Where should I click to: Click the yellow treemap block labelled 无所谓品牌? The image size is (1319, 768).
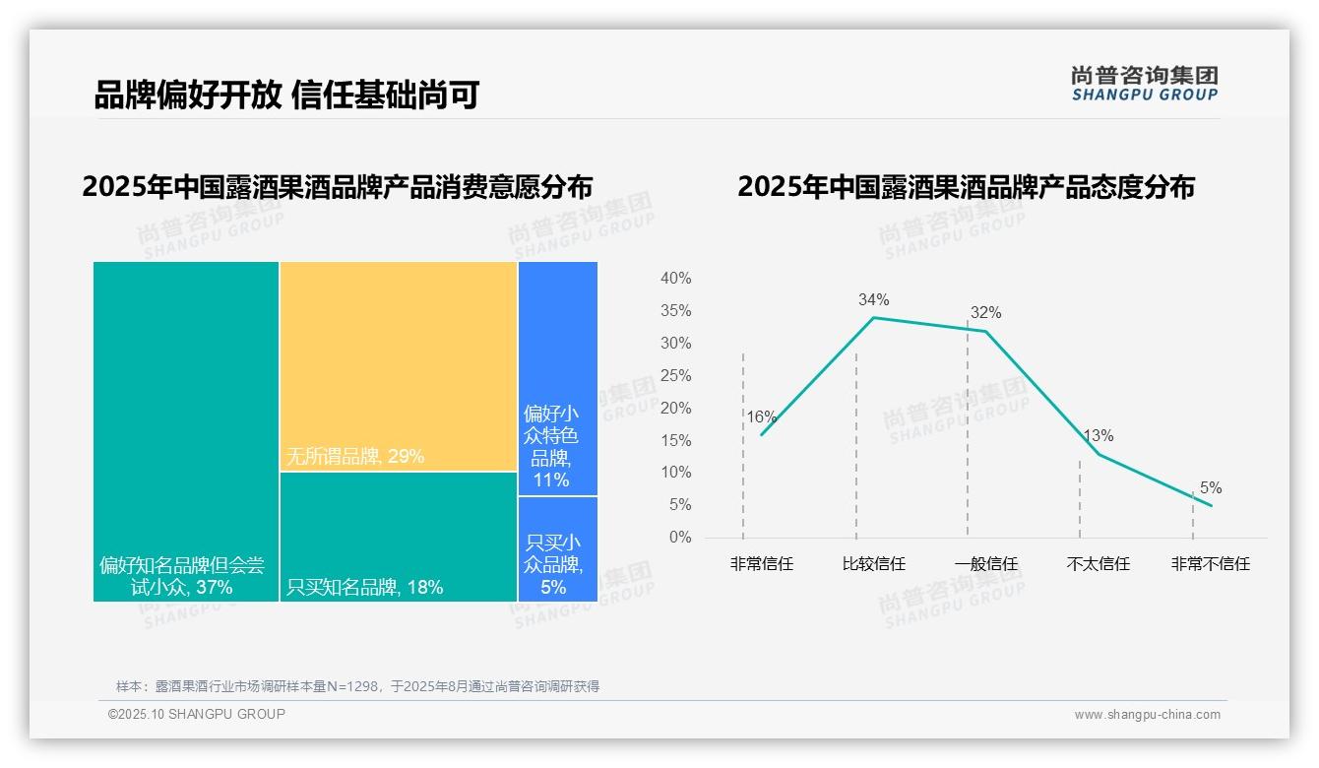pyautogui.click(x=399, y=366)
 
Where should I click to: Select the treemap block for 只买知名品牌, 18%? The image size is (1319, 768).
pyautogui.click(x=399, y=537)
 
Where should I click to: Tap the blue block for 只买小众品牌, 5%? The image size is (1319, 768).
pyautogui.click(x=557, y=548)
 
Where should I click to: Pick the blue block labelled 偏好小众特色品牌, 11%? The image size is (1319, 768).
pyautogui.click(x=557, y=378)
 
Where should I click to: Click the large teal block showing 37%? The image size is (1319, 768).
pyautogui.click(x=186, y=430)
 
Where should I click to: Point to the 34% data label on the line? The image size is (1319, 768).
pyautogui.click(x=873, y=299)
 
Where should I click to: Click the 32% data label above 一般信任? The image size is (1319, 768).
pyautogui.click(x=985, y=313)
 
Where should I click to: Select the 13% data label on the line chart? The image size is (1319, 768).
pyautogui.click(x=1098, y=435)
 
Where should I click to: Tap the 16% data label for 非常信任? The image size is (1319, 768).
pyautogui.click(x=761, y=416)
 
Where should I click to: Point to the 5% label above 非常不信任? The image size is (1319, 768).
pyautogui.click(x=1210, y=487)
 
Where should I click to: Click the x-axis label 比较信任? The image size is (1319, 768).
pyautogui.click(x=873, y=564)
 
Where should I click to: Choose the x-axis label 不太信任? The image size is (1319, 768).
pyautogui.click(x=1098, y=564)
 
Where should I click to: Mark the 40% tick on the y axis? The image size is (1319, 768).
pyautogui.click(x=675, y=279)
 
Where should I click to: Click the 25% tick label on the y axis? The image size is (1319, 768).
pyautogui.click(x=675, y=375)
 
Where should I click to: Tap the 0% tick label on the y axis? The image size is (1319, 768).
pyautogui.click(x=680, y=538)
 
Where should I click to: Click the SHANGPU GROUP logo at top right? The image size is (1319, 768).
pyautogui.click(x=1144, y=84)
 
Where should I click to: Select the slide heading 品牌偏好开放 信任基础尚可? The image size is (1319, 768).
pyautogui.click(x=286, y=96)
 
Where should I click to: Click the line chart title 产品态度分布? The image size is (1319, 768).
pyautogui.click(x=966, y=187)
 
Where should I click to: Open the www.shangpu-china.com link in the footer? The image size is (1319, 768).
pyautogui.click(x=1147, y=715)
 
